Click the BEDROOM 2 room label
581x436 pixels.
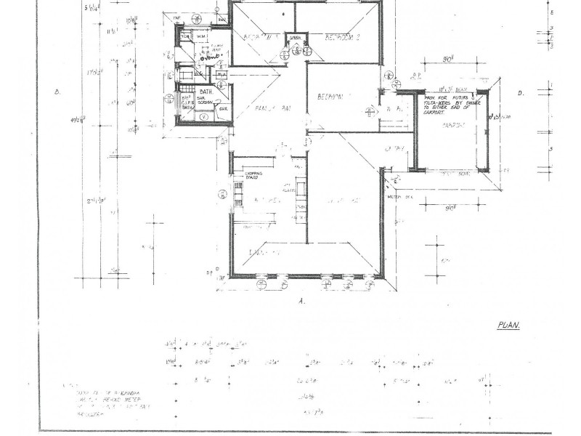pyautogui.click(x=338, y=37)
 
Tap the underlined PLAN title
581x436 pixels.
pyautogui.click(x=509, y=326)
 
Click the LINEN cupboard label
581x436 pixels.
pyautogui.click(x=296, y=37)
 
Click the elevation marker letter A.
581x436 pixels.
pyautogui.click(x=301, y=299)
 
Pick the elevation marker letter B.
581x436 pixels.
pyautogui.click(x=57, y=92)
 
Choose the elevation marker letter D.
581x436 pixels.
pyautogui.click(x=521, y=92)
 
